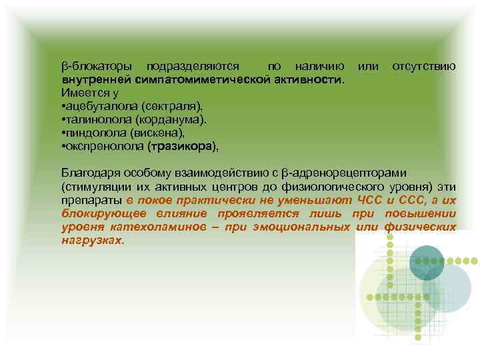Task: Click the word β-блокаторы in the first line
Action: [96, 67]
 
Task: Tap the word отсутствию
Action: [424, 67]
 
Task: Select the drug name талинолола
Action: [97, 119]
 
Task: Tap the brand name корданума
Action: [171, 119]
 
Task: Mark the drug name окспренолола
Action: [103, 145]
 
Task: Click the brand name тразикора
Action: [181, 145]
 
